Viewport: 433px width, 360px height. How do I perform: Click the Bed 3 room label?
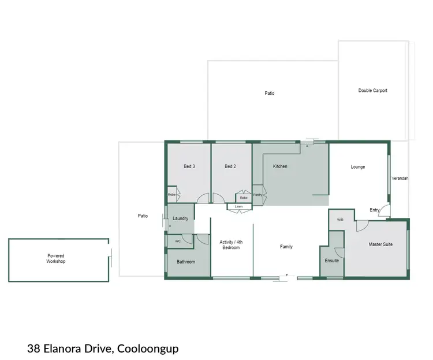pos(189,166)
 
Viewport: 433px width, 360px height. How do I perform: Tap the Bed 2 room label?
pos(230,166)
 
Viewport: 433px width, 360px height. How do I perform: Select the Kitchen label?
pos(280,166)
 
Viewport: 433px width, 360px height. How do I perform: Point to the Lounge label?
pos(358,167)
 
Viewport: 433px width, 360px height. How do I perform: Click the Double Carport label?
pos(372,91)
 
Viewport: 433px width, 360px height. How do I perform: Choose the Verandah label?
pos(400,179)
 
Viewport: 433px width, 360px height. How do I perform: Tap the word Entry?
pos(375,210)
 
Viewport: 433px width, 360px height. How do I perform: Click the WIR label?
pos(340,220)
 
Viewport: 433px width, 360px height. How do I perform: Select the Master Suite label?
pos(380,244)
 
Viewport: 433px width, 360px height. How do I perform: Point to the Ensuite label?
pos(332,261)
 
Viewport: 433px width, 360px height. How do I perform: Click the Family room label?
pos(286,247)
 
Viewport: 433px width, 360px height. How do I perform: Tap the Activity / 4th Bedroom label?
pos(231,244)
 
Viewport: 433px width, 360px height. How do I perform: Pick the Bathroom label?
pos(186,262)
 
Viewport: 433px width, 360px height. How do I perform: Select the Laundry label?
pos(181,218)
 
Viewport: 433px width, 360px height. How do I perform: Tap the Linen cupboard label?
pos(238,206)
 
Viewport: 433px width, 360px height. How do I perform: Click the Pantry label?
pos(258,195)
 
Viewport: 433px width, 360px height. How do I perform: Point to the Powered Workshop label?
pos(56,258)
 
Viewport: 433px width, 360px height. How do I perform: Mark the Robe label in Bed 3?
pos(171,195)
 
